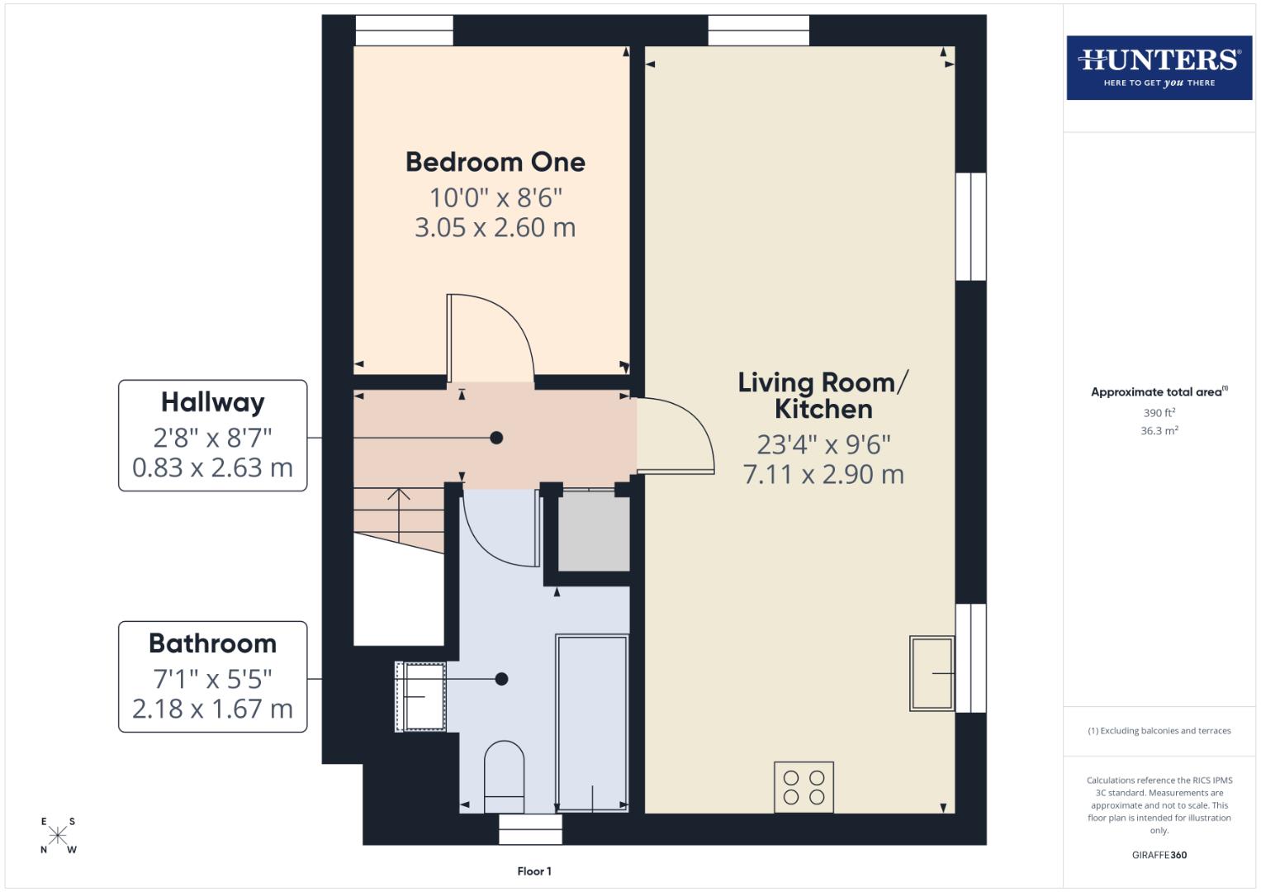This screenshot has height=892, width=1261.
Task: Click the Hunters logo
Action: tap(1159, 68)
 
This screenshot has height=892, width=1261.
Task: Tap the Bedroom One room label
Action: tap(495, 162)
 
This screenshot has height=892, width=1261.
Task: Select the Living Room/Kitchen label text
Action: tap(822, 396)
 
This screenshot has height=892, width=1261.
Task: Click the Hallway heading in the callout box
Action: tap(212, 402)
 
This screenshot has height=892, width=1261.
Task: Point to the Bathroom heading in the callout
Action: tap(212, 643)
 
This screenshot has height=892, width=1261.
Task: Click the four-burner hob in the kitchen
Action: tap(804, 787)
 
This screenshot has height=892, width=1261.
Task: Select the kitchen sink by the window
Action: tap(932, 673)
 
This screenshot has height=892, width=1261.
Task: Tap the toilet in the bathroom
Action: tap(504, 776)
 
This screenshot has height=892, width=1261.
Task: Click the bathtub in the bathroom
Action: tap(592, 723)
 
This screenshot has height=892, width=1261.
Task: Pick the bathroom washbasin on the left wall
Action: tap(423, 696)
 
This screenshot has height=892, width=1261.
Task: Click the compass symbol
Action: tap(58, 835)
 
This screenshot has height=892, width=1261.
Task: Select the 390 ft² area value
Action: tap(1159, 413)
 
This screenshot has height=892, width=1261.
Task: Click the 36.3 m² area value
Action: tap(1159, 430)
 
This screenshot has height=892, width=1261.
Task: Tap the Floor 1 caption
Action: tap(533, 871)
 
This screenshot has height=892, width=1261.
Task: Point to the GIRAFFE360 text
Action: tap(1159, 855)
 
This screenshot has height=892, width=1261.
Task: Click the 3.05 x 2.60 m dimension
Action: tap(495, 228)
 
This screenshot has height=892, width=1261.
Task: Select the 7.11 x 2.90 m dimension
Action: tap(822, 475)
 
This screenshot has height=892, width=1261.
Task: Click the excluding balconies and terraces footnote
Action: tap(1159, 731)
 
